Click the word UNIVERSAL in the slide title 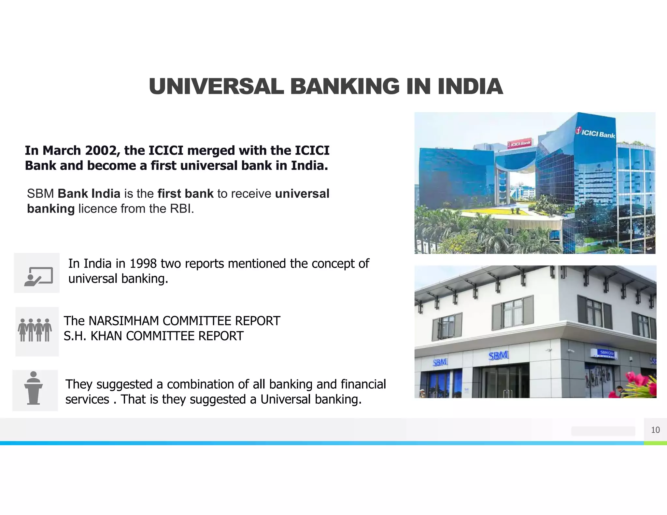pos(216,87)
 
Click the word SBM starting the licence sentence pos(40,194)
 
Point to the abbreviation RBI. pos(181,209)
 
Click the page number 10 pos(655,430)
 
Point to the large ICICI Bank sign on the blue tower pos(595,133)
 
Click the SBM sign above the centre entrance pos(498,356)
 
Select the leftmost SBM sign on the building pos(440,362)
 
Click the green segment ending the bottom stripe pos(655,443)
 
